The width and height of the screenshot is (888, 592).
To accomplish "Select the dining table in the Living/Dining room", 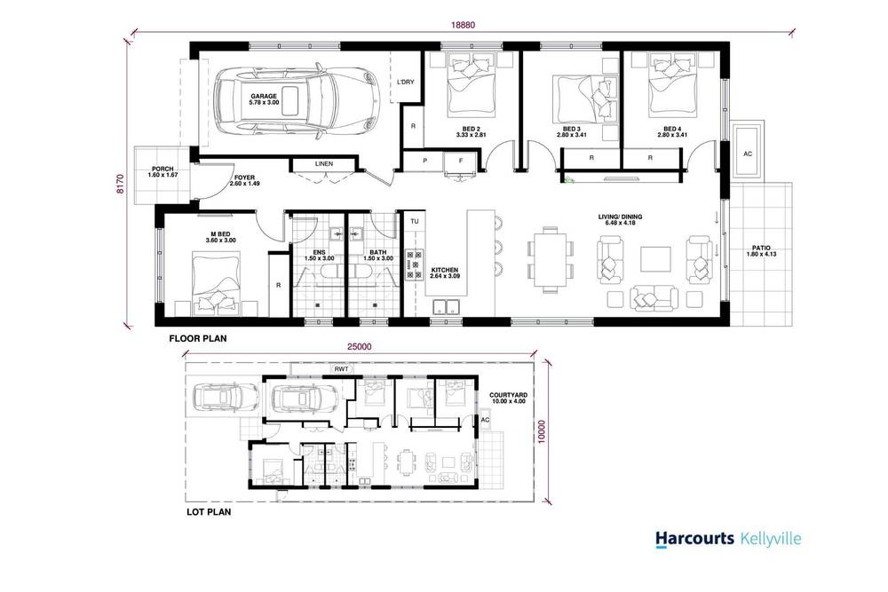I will coord(548,257).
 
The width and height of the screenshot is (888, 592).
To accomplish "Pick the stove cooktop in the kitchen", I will coord(413,265).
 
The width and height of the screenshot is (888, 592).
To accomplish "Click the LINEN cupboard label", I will coord(325,164).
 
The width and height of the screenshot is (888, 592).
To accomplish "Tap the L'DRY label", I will coord(406,83).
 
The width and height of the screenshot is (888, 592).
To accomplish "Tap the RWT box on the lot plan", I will coord(340,369).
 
